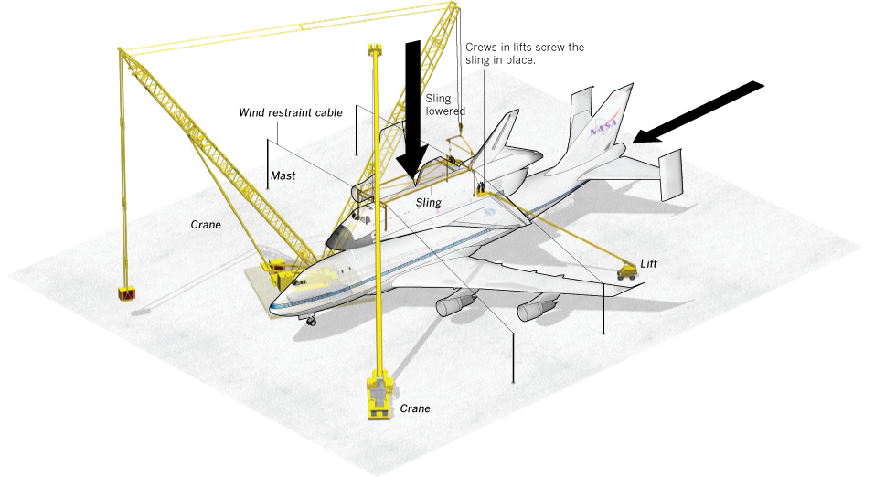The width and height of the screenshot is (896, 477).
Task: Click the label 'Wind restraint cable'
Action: (x=291, y=112)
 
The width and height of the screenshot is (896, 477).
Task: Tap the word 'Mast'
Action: (x=282, y=174)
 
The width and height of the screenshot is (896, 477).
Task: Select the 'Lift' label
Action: (x=648, y=263)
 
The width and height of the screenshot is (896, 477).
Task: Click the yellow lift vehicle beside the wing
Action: (x=627, y=271)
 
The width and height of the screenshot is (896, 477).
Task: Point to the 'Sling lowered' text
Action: (x=445, y=103)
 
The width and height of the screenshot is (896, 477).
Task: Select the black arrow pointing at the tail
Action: (x=700, y=111)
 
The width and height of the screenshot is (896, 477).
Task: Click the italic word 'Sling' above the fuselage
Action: (x=429, y=203)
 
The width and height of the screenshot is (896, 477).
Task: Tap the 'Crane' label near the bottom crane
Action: (x=414, y=408)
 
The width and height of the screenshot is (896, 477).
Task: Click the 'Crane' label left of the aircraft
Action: (x=206, y=225)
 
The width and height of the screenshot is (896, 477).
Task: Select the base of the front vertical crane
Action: (x=377, y=397)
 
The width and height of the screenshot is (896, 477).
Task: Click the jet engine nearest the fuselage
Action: (x=454, y=305)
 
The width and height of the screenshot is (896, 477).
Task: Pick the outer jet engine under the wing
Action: (x=535, y=311)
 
